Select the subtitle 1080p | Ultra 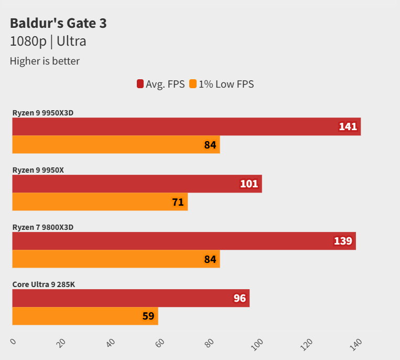pyautogui.click(x=48, y=41)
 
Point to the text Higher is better pyautogui.click(x=45, y=61)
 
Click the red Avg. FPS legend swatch pyautogui.click(x=140, y=84)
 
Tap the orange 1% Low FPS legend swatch pyautogui.click(x=193, y=84)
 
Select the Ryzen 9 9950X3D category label pyautogui.click(x=46, y=112)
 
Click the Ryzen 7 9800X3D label pyautogui.click(x=42, y=227)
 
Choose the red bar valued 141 pyautogui.click(x=186, y=126)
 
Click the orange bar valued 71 pyautogui.click(x=100, y=202)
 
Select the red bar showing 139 pyautogui.click(x=183, y=241)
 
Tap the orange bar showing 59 pyautogui.click(x=85, y=316)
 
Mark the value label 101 pyautogui.click(x=249, y=184)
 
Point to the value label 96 pyautogui.click(x=240, y=299)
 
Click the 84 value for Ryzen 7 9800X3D pyautogui.click(x=210, y=259)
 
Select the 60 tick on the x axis pyautogui.click(x=160, y=343)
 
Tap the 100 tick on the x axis pyautogui.click(x=257, y=344)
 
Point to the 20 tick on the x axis pyautogui.click(x=61, y=343)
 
